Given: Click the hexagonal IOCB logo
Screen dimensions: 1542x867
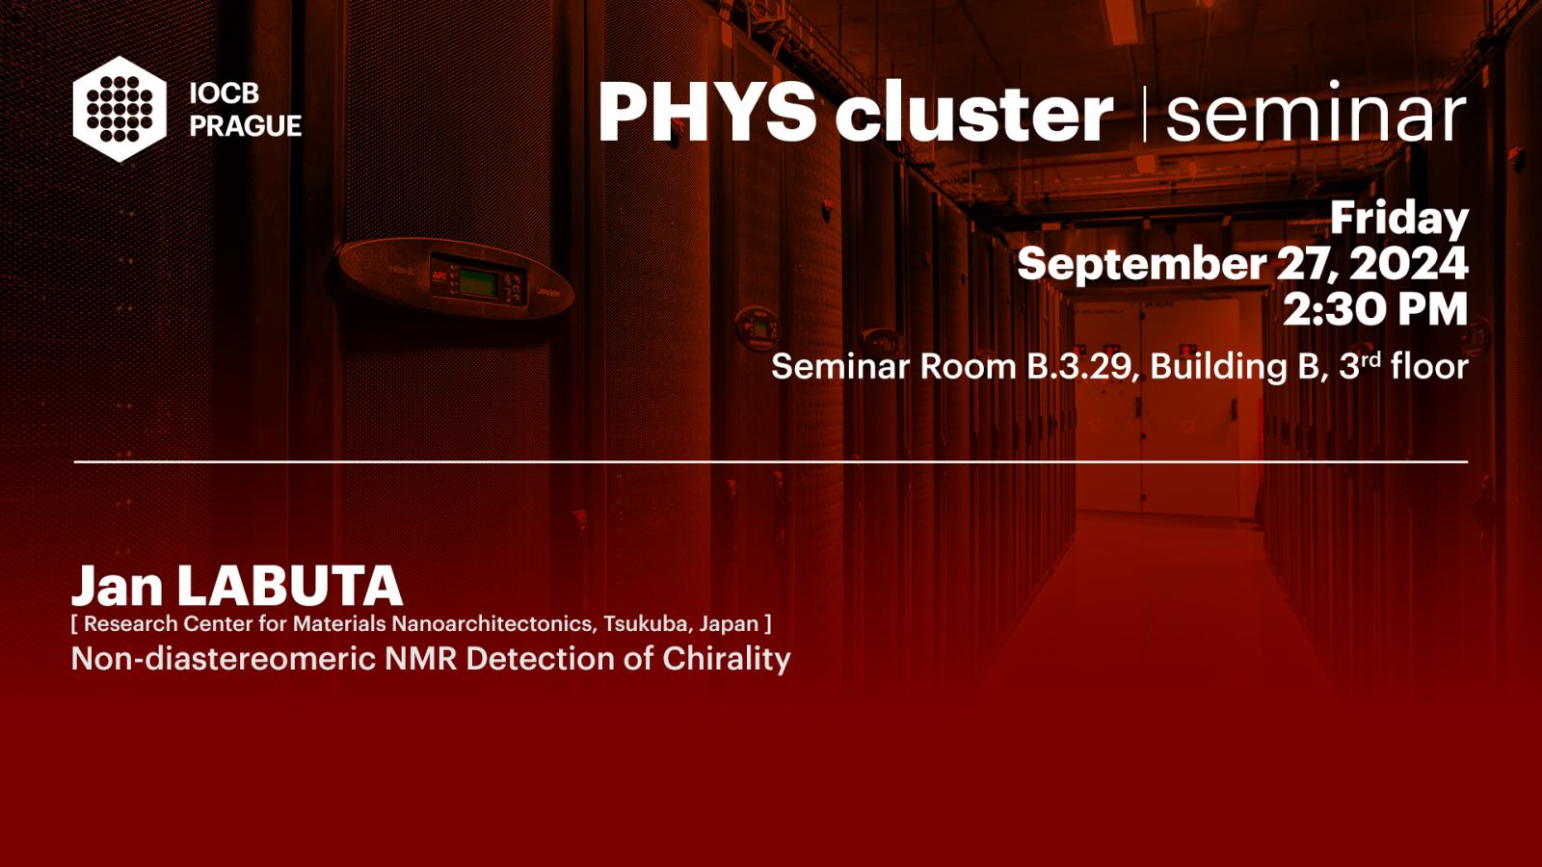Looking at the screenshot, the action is tap(120, 109).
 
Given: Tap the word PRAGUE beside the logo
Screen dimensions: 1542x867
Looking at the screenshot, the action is tap(246, 126).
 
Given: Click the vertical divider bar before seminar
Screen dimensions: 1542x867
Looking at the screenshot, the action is tap(1144, 115).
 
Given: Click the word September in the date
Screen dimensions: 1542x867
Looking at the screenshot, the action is tap(1141, 265).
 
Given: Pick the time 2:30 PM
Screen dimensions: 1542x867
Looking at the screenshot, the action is tap(1375, 309).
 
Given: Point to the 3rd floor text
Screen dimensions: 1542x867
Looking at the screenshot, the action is tap(1403, 366).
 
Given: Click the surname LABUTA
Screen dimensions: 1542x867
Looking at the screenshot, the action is tap(289, 587).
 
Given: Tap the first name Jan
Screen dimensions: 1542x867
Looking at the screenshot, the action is tap(117, 587).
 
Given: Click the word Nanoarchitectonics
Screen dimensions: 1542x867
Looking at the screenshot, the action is tap(492, 623).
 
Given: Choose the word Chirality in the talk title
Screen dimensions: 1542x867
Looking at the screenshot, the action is tap(727, 659).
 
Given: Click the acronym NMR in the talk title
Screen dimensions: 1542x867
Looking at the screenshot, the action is tap(420, 659).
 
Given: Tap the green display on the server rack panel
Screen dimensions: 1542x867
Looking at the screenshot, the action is tap(478, 283).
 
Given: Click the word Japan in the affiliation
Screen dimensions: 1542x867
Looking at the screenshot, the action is tap(729, 625).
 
